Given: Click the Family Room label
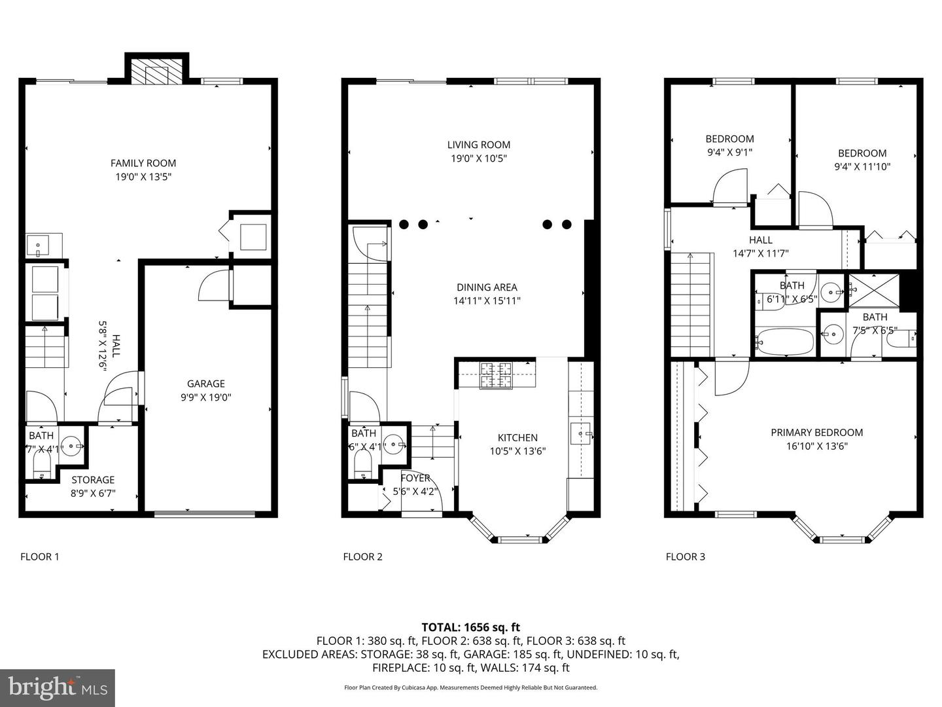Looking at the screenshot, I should tap(143, 163).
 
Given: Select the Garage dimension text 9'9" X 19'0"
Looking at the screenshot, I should tap(205, 397).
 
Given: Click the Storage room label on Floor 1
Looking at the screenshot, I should tap(93, 480).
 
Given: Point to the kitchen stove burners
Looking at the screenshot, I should tap(497, 376).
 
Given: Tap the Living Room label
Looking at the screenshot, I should tap(479, 145).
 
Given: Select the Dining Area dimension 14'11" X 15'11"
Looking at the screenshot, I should tap(487, 301).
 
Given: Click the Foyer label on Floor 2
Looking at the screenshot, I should tap(415, 478).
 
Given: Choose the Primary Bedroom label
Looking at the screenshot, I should tap(816, 432).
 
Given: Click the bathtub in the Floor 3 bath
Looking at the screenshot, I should tap(784, 341).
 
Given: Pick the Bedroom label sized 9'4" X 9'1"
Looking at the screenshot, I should tap(729, 139).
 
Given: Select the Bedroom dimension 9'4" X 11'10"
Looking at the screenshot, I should tap(862, 166).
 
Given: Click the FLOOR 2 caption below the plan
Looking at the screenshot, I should tap(362, 556).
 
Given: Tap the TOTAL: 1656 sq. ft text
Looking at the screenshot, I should tap(470, 627).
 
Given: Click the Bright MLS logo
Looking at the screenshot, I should tap(58, 688).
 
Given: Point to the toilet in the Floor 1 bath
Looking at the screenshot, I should tap(42, 466).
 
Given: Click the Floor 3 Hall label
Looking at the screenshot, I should tap(760, 240).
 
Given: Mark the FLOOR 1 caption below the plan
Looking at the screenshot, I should tap(40, 556).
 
